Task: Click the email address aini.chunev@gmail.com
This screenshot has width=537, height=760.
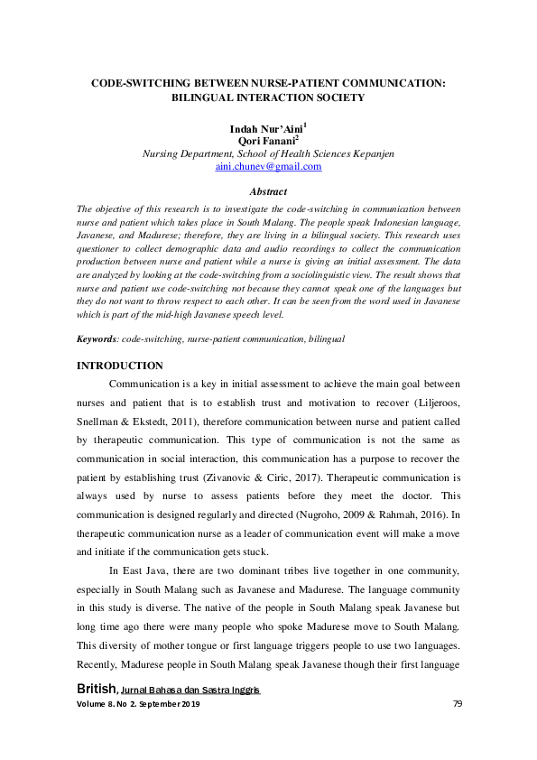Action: tap(268, 167)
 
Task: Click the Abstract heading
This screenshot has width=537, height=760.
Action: tap(268, 191)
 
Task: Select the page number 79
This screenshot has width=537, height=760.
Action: tap(457, 704)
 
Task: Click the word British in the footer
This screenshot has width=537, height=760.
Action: tap(97, 690)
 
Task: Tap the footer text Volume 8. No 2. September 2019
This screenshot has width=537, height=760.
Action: tap(139, 704)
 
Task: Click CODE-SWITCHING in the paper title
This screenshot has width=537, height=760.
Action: tap(141, 82)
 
